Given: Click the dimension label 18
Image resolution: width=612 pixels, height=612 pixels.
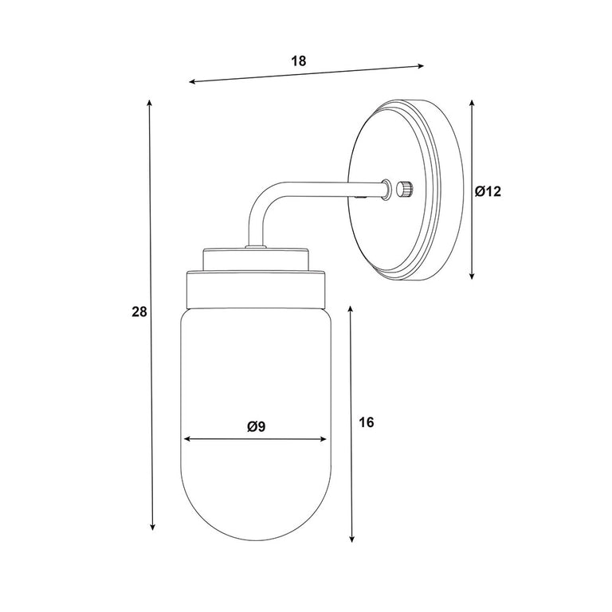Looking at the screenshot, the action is pyautogui.click(x=299, y=61).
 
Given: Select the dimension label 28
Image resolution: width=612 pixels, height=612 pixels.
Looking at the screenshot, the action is pyautogui.click(x=139, y=312).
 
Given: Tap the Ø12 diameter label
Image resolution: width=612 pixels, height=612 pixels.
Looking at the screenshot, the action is pyautogui.click(x=488, y=191).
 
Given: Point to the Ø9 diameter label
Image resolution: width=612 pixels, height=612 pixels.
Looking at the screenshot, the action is pyautogui.click(x=256, y=426).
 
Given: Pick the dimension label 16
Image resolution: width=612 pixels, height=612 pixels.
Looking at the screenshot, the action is pyautogui.click(x=366, y=422).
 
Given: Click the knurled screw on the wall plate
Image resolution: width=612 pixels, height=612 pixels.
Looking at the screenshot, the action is pyautogui.click(x=405, y=189).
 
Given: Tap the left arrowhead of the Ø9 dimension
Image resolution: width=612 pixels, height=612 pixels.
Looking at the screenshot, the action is pyautogui.click(x=186, y=439).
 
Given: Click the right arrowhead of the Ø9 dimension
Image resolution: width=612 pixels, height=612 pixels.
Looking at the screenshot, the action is pyautogui.click(x=324, y=439).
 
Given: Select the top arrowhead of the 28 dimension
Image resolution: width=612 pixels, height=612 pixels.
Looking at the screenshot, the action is pyautogui.click(x=149, y=103).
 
